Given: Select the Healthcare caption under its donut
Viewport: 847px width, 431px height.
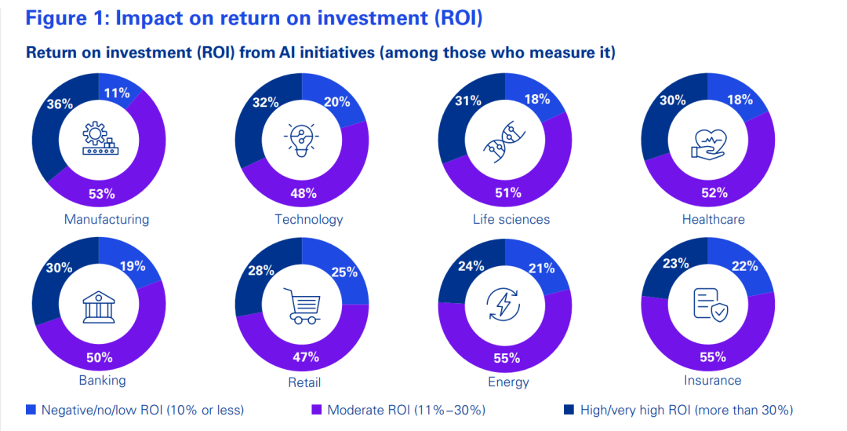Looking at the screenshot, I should pyautogui.click(x=713, y=219).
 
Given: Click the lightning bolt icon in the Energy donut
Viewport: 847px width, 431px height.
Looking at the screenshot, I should pyautogui.click(x=504, y=305).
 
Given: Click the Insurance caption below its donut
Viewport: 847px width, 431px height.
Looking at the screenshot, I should pyautogui.click(x=712, y=380).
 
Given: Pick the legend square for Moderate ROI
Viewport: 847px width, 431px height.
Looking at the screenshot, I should pyautogui.click(x=317, y=409).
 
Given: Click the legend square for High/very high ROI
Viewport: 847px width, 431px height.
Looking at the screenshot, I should pyautogui.click(x=569, y=409).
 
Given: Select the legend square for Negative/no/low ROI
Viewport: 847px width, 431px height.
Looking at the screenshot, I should pyautogui.click(x=31, y=409).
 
